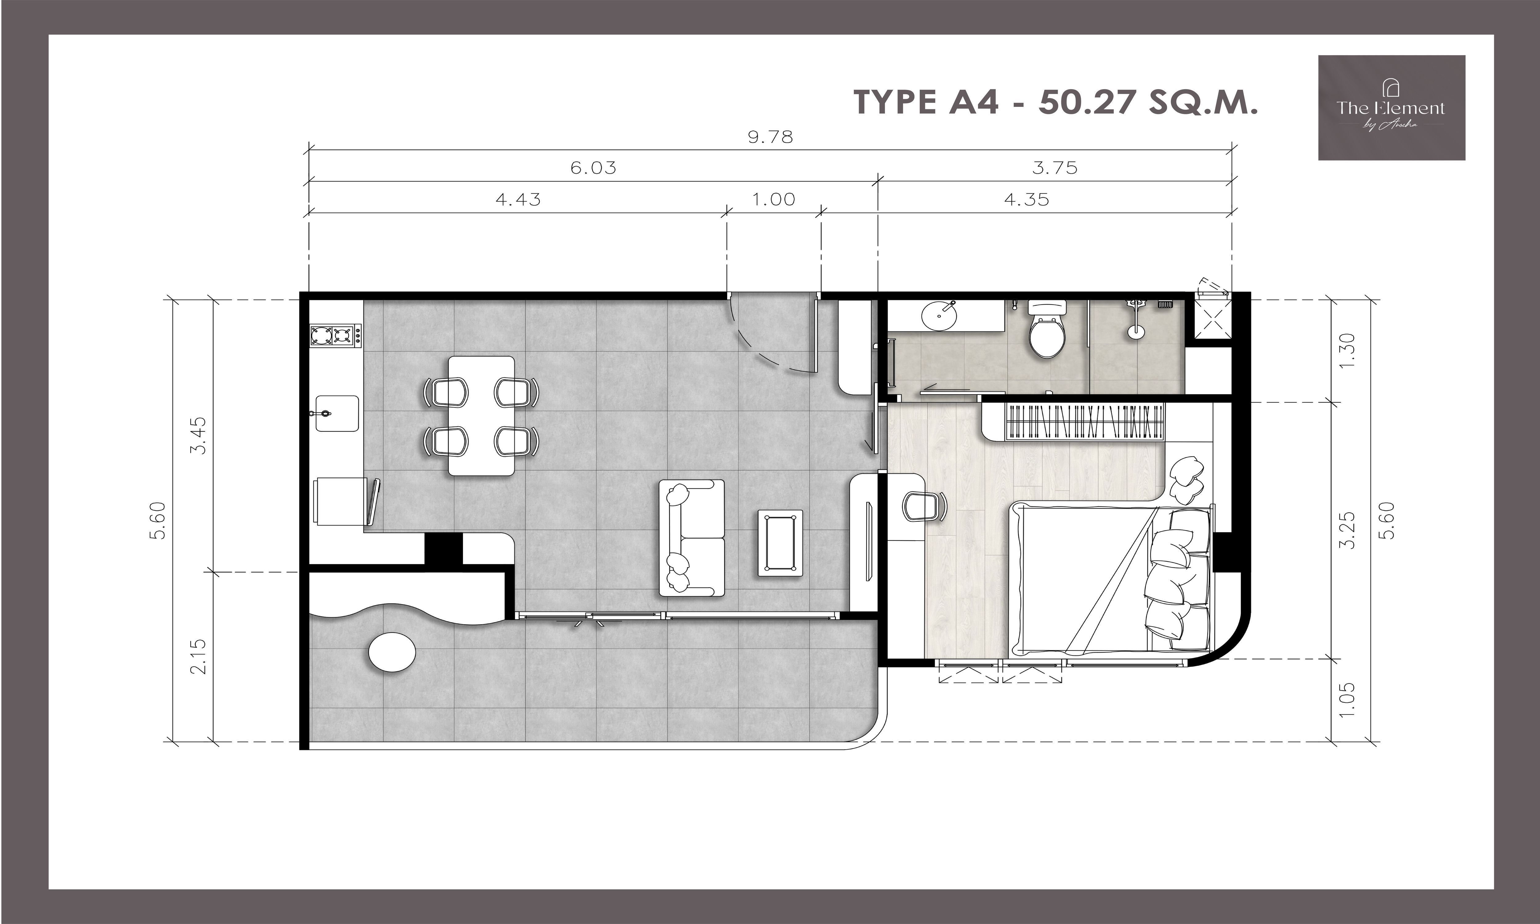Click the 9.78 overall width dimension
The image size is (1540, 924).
(x=771, y=137)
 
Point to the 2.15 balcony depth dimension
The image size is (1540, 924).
(x=199, y=657)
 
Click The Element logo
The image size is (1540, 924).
(x=1391, y=108)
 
